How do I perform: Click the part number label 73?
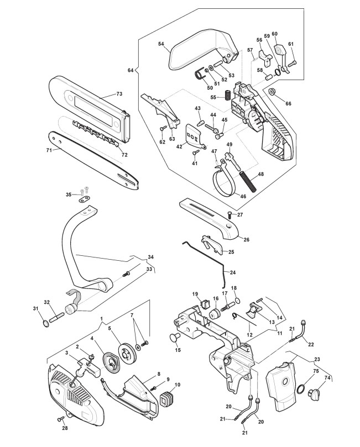(x=119, y=94)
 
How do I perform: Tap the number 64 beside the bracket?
(x=131, y=70)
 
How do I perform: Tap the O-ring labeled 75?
(x=301, y=389)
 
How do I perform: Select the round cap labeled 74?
(x=312, y=395)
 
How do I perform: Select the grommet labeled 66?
(x=272, y=92)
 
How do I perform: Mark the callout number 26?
(x=246, y=239)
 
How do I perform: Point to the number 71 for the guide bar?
(x=49, y=150)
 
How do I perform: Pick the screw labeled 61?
(x=292, y=61)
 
